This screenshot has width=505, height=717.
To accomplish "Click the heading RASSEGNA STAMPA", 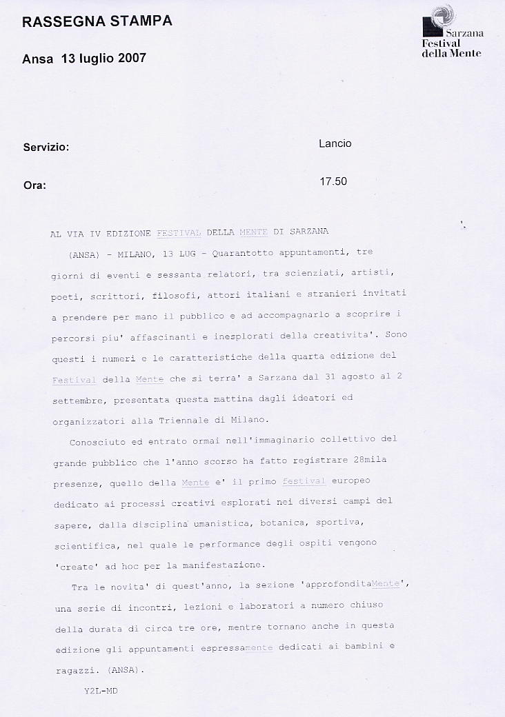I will coord(97,23).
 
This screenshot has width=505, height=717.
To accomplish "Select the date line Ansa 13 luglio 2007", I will coord(84,59).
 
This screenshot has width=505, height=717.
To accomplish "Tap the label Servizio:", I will coord(46,148).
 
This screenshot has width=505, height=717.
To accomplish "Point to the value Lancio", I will coord(335,143).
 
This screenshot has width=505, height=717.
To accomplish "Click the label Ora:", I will coord(34,185).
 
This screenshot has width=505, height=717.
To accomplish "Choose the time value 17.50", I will coord(333,182).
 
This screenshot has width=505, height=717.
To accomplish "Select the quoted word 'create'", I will coord(72,565).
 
